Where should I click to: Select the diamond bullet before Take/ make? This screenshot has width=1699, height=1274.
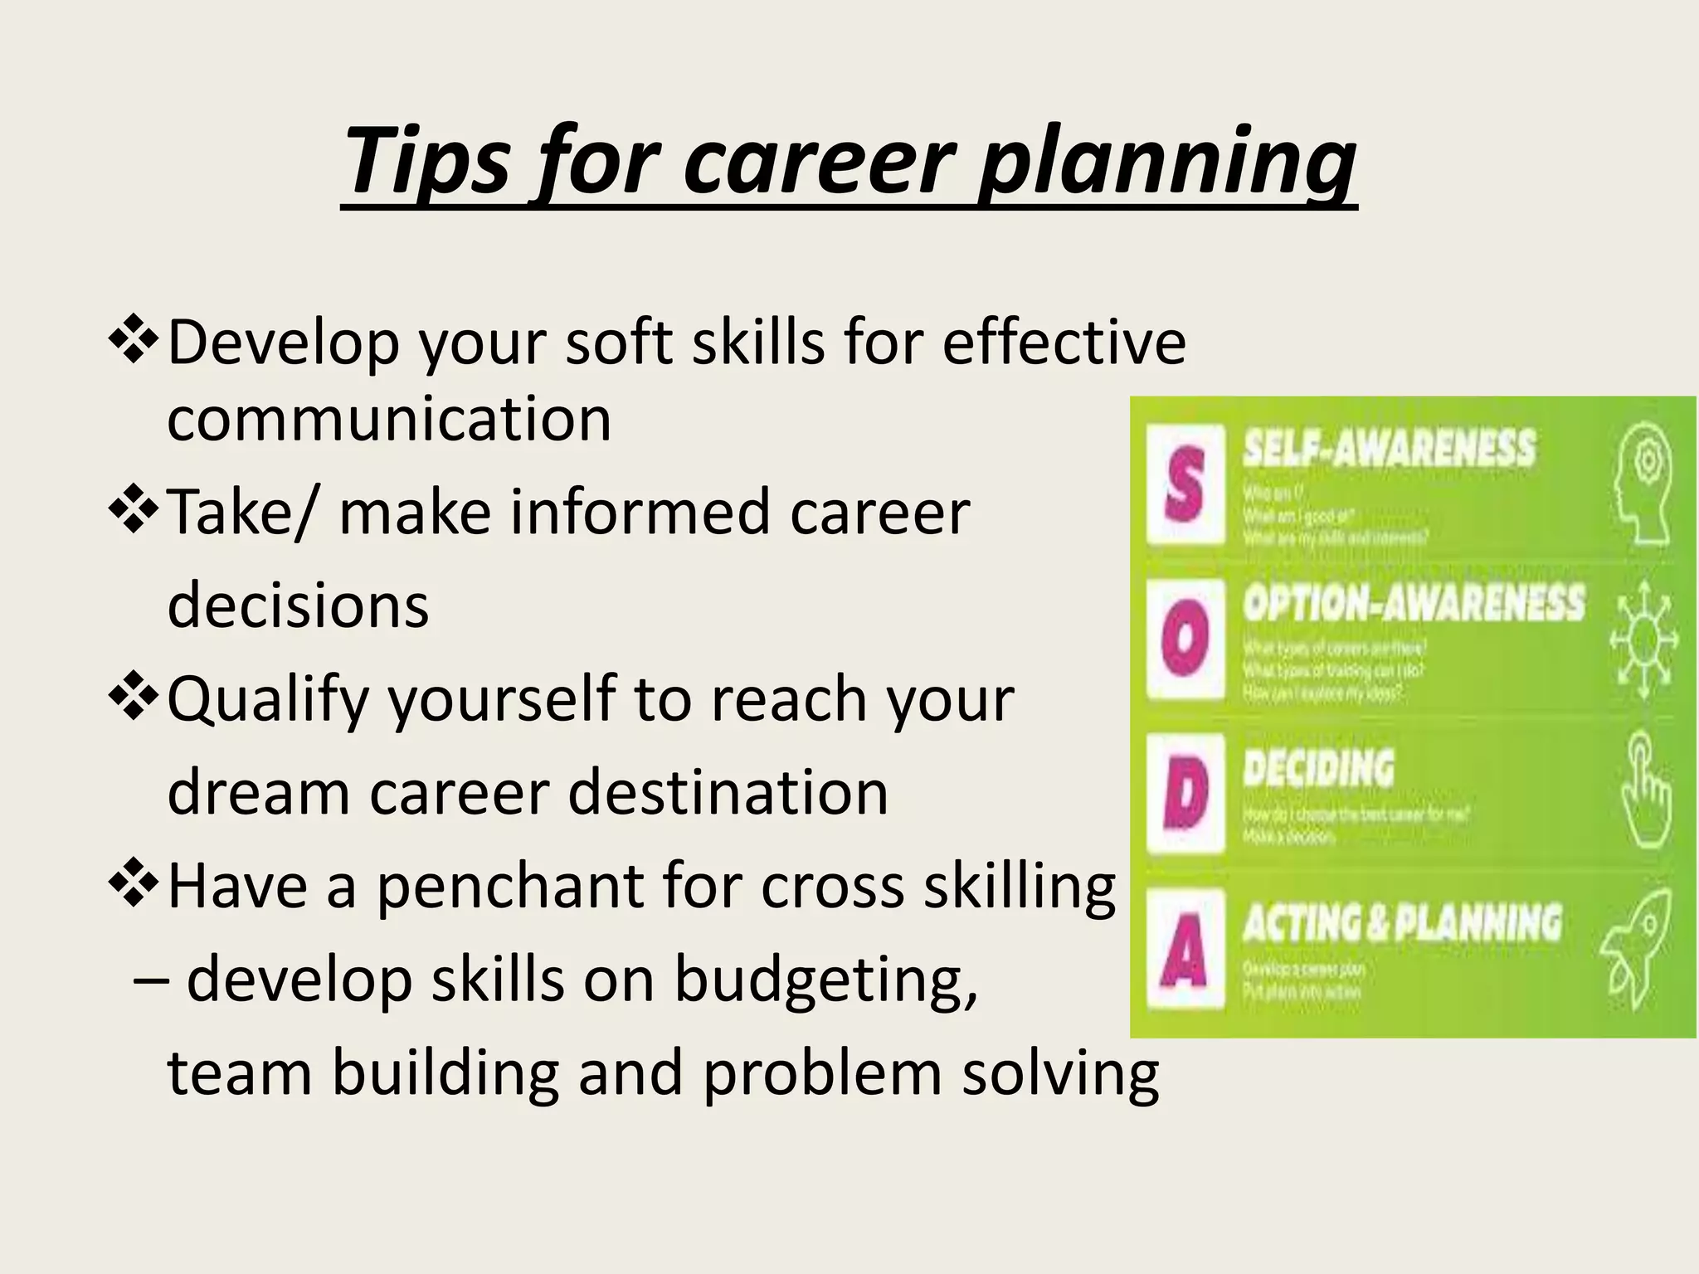coord(133,513)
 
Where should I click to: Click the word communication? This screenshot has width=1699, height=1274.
coord(389,419)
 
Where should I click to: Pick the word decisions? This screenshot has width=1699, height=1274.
coord(298,605)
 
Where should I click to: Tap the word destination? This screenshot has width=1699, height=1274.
coord(728,791)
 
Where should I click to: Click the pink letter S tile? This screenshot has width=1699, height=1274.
coord(1185,484)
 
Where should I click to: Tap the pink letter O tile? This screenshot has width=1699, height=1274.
coord(1185,637)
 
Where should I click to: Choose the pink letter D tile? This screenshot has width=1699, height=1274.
coord(1185,793)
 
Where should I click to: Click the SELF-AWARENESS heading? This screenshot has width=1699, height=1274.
coord(1389,449)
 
